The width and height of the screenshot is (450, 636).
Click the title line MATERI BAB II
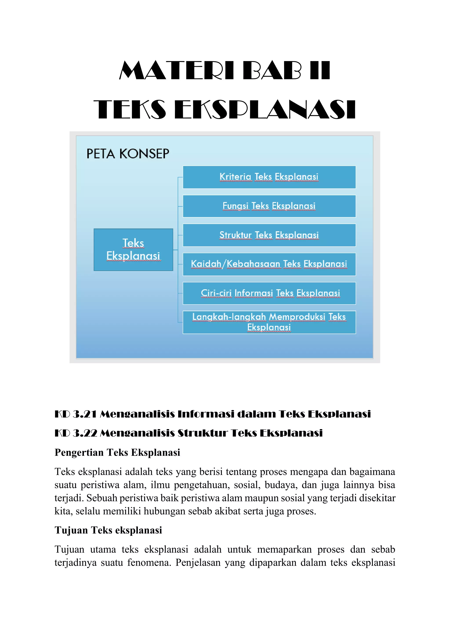tap(225, 71)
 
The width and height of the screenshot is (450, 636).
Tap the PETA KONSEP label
tap(128, 154)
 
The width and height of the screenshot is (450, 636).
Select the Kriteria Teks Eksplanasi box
tap(269, 177)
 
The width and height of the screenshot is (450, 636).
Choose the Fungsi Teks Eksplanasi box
tap(269, 206)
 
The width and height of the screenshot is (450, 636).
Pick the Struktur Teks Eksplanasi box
tap(269, 235)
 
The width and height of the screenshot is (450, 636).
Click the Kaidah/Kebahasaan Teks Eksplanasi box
tap(269, 264)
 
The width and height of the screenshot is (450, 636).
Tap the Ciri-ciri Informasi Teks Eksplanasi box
tap(269, 293)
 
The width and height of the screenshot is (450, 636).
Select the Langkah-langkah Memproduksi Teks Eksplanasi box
tap(269, 322)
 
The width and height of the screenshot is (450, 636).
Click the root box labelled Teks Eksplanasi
tap(133, 249)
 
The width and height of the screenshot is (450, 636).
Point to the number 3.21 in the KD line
tap(85, 414)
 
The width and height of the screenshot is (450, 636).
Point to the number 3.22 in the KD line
tap(85, 433)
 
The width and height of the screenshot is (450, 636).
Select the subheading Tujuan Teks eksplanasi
tap(108, 530)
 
